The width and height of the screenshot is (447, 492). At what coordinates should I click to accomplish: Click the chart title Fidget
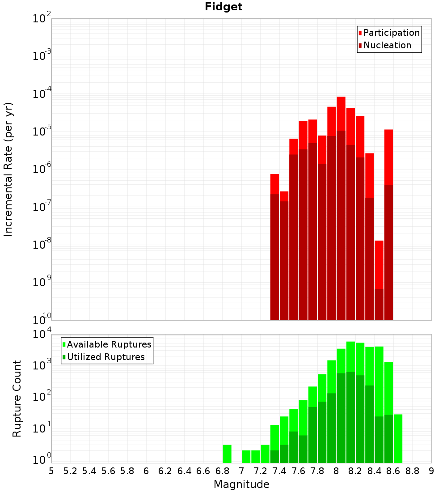(x=223, y=7)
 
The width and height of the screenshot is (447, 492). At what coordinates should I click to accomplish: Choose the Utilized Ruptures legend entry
(x=105, y=357)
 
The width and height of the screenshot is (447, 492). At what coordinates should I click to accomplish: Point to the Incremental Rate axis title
(x=8, y=169)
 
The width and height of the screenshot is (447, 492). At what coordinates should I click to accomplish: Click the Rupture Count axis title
(x=17, y=399)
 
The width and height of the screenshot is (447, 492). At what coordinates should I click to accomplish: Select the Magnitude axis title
(x=241, y=484)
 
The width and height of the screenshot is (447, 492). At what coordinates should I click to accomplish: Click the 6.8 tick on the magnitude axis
(x=222, y=471)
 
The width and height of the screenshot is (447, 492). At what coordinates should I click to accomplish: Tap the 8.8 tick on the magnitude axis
(x=412, y=471)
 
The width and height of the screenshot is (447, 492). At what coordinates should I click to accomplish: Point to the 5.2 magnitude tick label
(x=70, y=471)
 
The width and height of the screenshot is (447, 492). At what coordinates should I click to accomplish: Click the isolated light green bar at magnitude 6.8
(x=227, y=454)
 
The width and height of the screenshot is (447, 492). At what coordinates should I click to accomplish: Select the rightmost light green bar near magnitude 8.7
(x=398, y=438)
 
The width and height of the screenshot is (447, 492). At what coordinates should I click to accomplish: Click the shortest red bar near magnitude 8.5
(x=379, y=264)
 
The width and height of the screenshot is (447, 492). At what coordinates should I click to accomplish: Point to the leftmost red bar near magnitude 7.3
(x=274, y=184)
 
